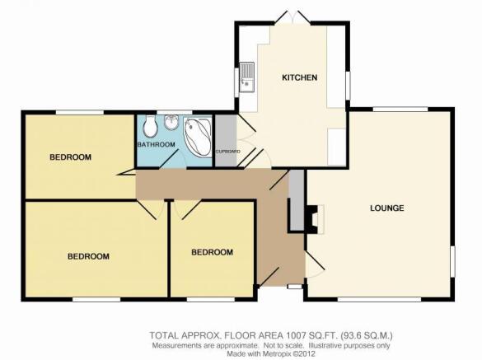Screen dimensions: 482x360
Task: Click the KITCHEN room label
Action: coord(299,77)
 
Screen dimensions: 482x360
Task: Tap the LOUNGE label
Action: coord(386,208)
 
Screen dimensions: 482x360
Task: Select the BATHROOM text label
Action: coord(157,144)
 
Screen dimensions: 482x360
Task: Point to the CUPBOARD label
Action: coord(227,152)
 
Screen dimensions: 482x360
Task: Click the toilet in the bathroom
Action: coord(150,127)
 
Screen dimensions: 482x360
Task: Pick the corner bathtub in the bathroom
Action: coord(198,137)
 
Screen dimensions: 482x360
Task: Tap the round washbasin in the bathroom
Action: coord(170,123)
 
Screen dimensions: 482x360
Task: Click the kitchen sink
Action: coord(247,77)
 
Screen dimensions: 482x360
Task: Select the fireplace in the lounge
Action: coord(314,219)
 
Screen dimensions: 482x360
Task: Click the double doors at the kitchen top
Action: coord(292,17)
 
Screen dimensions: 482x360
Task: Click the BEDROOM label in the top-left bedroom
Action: coord(70,157)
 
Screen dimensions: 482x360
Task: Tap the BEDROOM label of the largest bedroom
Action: coord(88,256)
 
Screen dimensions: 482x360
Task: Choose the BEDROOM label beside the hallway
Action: coord(212,252)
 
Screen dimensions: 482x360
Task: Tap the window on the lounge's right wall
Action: coord(453,261)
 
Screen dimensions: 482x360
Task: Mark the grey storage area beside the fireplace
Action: coord(297,200)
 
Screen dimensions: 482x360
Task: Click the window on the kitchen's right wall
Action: coord(348,86)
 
